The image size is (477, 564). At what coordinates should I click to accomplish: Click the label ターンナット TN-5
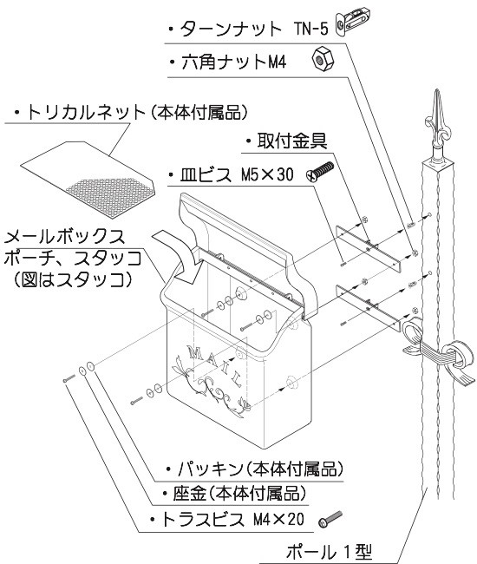(x=252, y=30)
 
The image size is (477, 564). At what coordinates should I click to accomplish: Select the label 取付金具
(x=286, y=141)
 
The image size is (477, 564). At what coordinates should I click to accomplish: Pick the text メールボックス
(x=65, y=235)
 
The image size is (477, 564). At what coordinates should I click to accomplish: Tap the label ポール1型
(x=343, y=550)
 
